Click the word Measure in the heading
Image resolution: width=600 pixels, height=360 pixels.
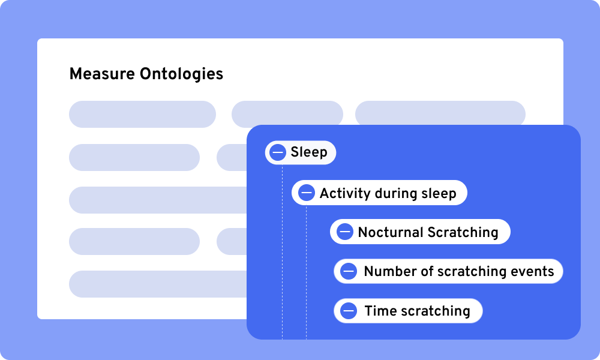(x=102, y=74)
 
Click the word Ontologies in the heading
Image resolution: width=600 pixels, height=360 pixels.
(x=181, y=74)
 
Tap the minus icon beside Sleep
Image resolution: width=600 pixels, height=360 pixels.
(x=278, y=152)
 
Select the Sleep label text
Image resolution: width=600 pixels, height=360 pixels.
(x=309, y=152)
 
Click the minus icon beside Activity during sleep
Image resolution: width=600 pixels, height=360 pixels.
(x=307, y=193)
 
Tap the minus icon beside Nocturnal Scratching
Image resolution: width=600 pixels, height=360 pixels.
(x=345, y=232)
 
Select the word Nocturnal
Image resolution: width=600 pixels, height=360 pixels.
(x=391, y=232)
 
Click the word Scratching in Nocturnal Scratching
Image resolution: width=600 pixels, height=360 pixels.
(x=463, y=233)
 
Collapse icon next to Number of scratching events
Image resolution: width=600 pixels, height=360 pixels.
(x=349, y=271)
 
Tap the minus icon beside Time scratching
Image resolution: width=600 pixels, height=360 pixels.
(x=349, y=311)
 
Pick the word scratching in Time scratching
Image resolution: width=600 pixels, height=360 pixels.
(x=436, y=311)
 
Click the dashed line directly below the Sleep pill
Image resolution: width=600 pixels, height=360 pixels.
(x=283, y=252)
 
